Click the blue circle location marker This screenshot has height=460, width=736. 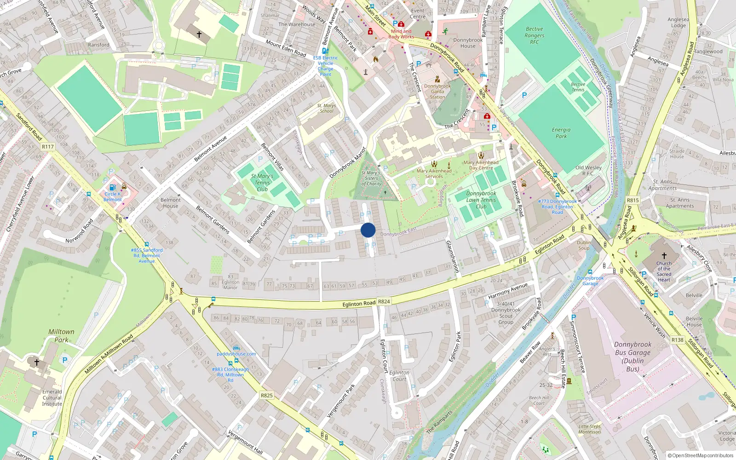coord(368,230)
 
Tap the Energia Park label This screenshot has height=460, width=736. coord(561,133)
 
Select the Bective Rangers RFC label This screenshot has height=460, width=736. coord(534,35)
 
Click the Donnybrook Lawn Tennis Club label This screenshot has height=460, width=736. coord(481,200)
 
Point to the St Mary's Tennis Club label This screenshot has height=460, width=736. coord(262,183)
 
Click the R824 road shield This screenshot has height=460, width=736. coord(384,302)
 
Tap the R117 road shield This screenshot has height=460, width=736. coord(48,147)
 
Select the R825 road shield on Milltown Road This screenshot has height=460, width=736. coord(266,395)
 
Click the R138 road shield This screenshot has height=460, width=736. coord(677,340)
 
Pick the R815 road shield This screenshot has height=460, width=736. coord(633,200)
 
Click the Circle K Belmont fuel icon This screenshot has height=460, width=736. coord(112,187)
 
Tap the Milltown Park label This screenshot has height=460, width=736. coord(61,336)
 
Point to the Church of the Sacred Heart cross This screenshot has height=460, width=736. coord(664,256)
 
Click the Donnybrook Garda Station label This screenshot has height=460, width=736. coord(437,92)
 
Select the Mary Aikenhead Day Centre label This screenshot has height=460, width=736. coord(481,165)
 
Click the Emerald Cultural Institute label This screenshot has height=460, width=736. coord(52,398)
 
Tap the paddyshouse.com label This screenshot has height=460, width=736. coord(236,354)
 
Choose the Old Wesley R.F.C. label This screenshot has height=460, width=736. coord(588,171)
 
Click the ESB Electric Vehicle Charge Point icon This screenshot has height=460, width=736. coord(325,51)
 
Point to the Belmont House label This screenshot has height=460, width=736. coord(170,203)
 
